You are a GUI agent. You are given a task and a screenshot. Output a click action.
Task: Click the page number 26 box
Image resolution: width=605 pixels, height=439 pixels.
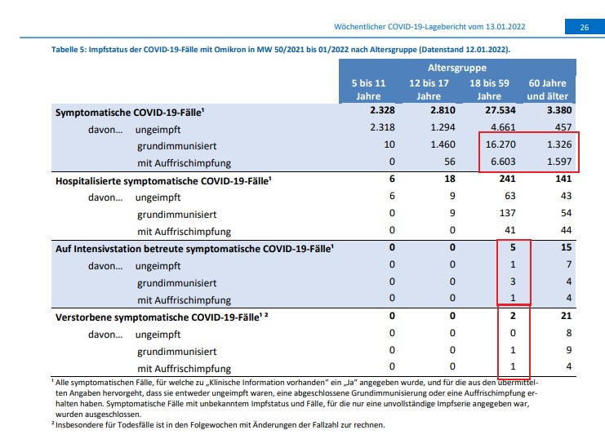click(x=585, y=27)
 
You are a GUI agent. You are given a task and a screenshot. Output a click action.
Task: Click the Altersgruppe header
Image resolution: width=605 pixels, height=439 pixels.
click(x=457, y=68)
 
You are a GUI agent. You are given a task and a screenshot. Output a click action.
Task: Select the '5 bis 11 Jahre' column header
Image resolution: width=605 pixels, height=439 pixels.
click(x=368, y=90)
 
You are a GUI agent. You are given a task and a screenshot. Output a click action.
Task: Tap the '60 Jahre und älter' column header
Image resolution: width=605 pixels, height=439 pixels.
click(x=548, y=90)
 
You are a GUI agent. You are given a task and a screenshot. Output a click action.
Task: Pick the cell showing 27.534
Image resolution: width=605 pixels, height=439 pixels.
click(x=500, y=110)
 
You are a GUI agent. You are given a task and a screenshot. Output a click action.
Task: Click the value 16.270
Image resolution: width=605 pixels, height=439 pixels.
click(x=500, y=144)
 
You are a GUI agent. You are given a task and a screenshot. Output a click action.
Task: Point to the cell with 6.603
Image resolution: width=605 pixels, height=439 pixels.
click(x=503, y=162)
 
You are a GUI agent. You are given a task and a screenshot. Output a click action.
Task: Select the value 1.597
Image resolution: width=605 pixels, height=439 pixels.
click(x=559, y=162)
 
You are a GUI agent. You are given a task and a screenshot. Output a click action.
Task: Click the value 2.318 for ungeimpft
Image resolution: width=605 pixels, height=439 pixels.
click(x=382, y=127)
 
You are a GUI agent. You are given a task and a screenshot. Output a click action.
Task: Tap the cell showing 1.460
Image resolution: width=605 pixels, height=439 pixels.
click(x=443, y=144)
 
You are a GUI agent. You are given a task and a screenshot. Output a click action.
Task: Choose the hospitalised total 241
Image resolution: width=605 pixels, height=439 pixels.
click(x=507, y=179)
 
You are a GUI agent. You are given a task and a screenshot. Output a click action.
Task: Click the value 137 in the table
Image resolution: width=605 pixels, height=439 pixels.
click(x=507, y=213)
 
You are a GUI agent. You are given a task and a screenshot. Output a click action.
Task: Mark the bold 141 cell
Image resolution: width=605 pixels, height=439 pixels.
click(x=563, y=179)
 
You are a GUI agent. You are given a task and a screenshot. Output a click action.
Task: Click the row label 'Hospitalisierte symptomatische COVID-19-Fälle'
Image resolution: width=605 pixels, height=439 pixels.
click(x=163, y=181)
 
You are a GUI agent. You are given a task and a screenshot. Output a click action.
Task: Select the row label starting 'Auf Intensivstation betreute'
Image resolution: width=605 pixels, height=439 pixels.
click(x=194, y=249)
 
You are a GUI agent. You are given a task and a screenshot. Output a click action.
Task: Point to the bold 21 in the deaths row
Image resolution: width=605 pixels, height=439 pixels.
click(x=566, y=316)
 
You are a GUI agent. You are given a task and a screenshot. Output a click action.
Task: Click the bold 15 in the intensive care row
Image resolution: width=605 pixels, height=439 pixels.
click(x=566, y=247)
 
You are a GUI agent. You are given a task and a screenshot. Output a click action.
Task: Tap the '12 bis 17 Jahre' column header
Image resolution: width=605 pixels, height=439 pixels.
click(x=429, y=90)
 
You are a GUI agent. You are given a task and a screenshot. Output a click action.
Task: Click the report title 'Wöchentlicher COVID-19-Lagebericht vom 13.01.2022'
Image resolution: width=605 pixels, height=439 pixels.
click(x=429, y=27)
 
